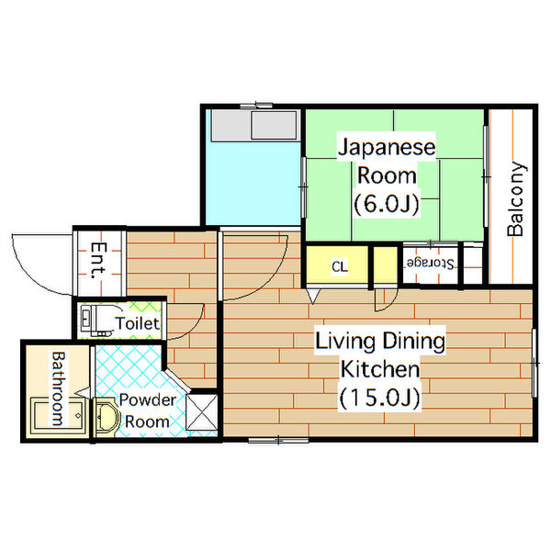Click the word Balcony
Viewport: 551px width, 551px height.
[x=516, y=200]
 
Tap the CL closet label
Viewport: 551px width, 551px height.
[x=339, y=267]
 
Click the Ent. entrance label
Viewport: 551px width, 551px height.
[x=96, y=262]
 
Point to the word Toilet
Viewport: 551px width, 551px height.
[x=138, y=323]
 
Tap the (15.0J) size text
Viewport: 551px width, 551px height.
[x=379, y=399]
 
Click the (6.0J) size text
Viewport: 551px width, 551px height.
[x=386, y=204]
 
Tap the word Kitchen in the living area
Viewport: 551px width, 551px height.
[x=380, y=370]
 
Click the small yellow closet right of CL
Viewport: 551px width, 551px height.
[x=381, y=266]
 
